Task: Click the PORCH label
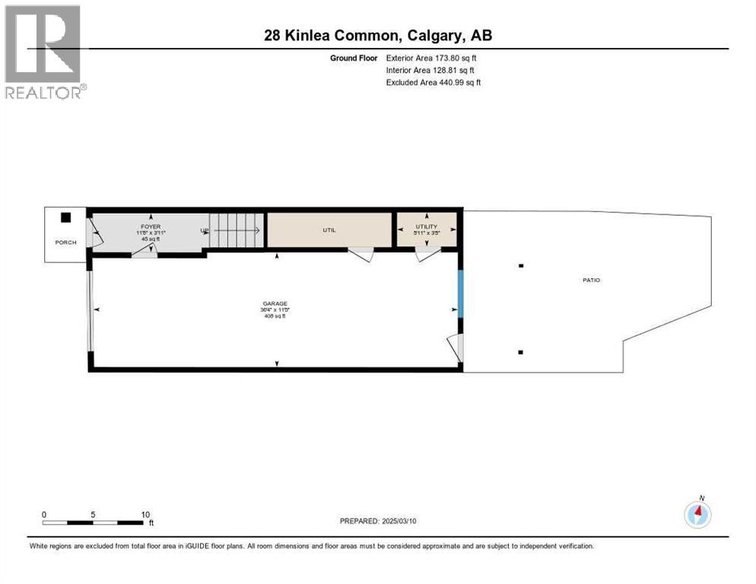click(65, 243)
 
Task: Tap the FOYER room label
click(151, 224)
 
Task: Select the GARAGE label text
click(275, 303)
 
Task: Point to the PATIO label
click(591, 280)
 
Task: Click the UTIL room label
click(329, 230)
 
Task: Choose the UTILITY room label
click(426, 227)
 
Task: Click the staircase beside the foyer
click(237, 230)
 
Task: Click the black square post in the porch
click(66, 217)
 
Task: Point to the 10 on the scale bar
click(145, 514)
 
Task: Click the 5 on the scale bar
click(93, 514)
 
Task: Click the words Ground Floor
click(353, 58)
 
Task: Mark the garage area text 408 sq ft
click(275, 316)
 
